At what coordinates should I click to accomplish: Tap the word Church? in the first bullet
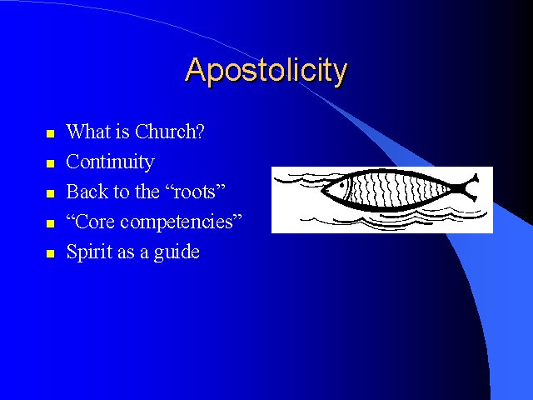pyautogui.click(x=170, y=132)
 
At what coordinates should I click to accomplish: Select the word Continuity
pyautogui.click(x=110, y=162)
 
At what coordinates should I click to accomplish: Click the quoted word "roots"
pyautogui.click(x=196, y=192)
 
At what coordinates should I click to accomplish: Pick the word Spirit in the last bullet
pyautogui.click(x=90, y=252)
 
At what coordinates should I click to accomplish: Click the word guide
pyautogui.click(x=177, y=252)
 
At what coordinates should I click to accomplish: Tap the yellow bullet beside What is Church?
pyautogui.click(x=50, y=133)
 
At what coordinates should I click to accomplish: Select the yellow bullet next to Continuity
pyautogui.click(x=50, y=163)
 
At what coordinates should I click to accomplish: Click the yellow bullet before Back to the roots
pyautogui.click(x=50, y=193)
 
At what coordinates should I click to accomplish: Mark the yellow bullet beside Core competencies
pyautogui.click(x=50, y=223)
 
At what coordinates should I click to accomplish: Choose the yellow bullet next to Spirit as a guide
pyautogui.click(x=50, y=253)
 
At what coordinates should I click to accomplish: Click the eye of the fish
pyautogui.click(x=341, y=185)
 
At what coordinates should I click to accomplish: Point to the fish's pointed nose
pyautogui.click(x=322, y=189)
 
